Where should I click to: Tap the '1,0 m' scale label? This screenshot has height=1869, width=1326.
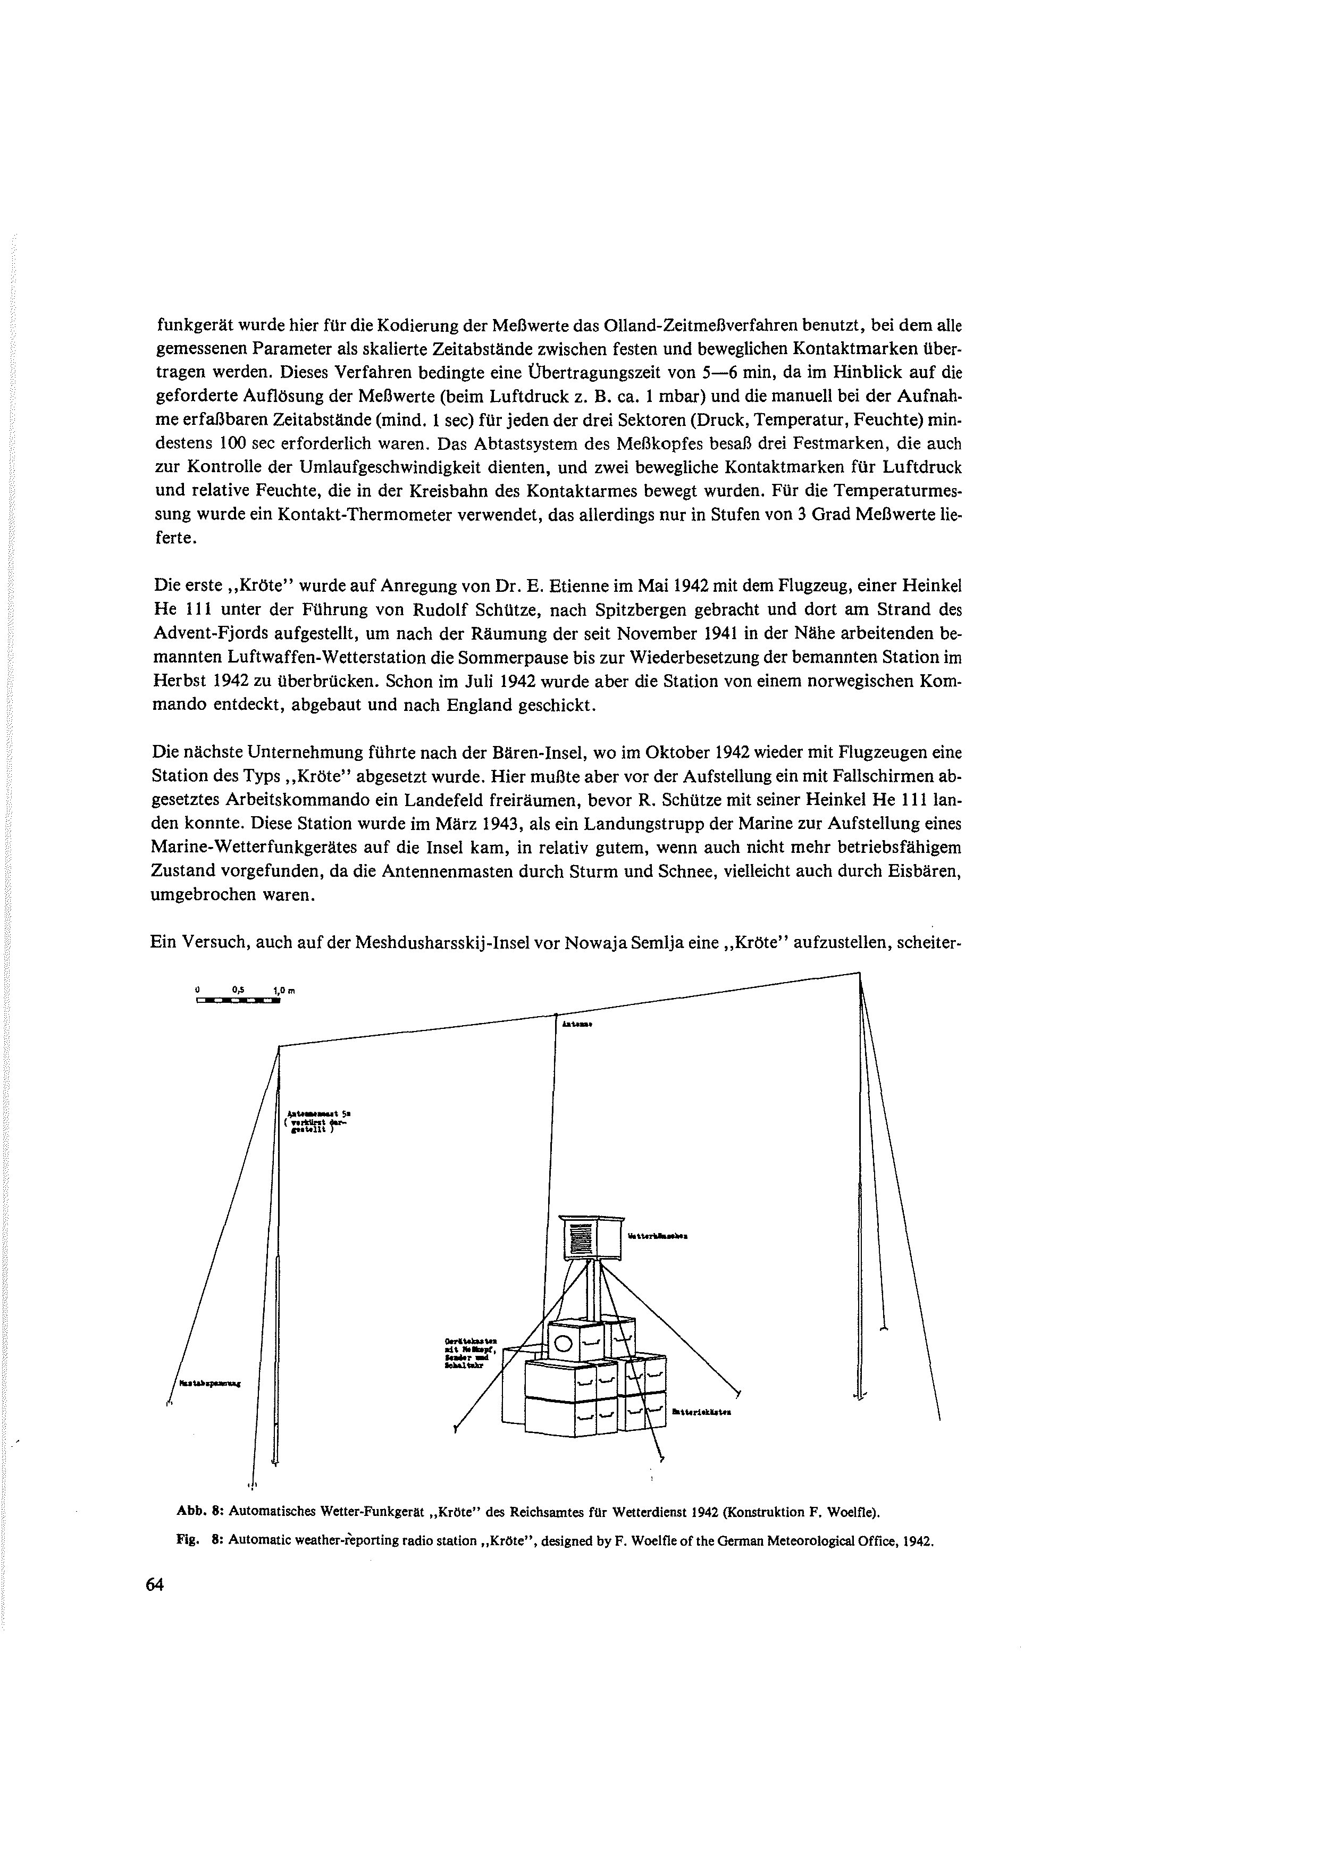coord(282,991)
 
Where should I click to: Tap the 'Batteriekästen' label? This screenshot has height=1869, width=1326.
coord(701,1412)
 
